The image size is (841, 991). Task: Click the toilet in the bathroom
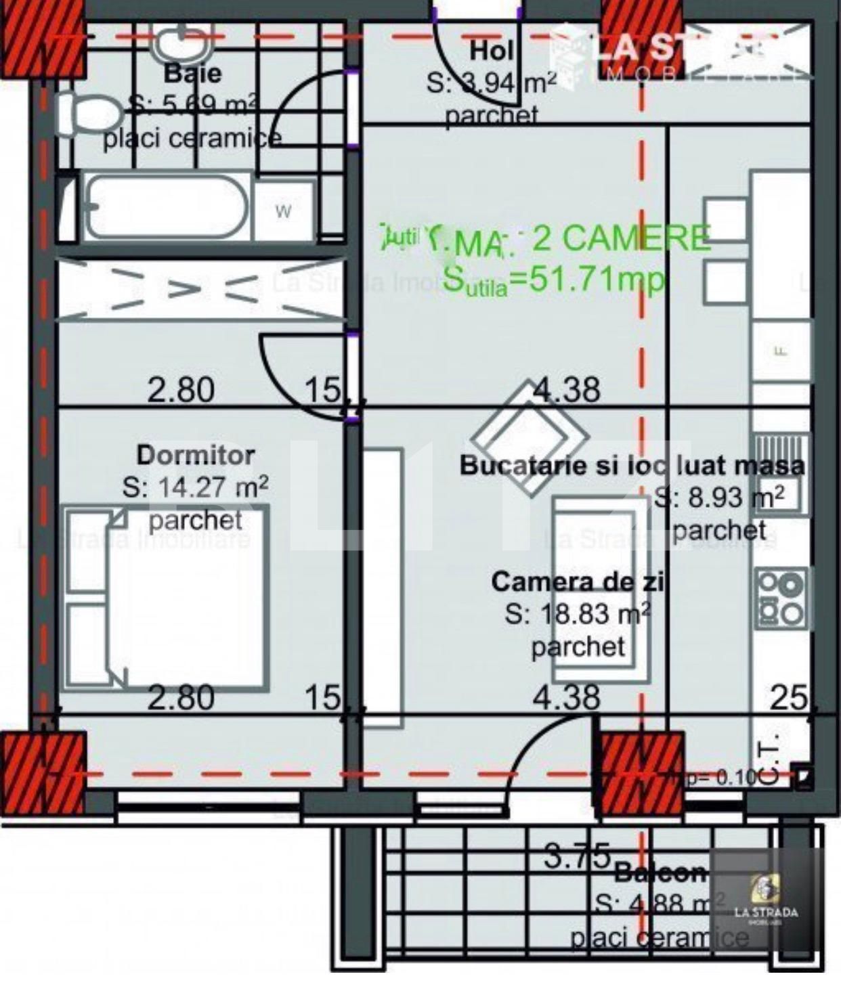click(88, 114)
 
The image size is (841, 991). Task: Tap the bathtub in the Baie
click(166, 207)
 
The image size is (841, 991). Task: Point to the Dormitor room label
click(196, 455)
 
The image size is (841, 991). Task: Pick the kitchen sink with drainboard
click(780, 474)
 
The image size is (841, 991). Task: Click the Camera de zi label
click(577, 582)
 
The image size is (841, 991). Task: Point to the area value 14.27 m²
click(196, 487)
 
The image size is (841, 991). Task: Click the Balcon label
click(660, 873)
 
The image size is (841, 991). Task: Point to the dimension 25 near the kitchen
click(789, 697)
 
